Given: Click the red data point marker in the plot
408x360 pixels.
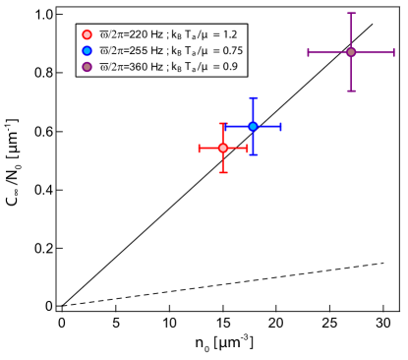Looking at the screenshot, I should [x=223, y=148].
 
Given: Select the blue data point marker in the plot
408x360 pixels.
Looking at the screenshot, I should [x=253, y=126].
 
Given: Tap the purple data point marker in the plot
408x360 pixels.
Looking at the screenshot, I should [x=351, y=52].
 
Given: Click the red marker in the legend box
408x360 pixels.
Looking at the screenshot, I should [x=87, y=34].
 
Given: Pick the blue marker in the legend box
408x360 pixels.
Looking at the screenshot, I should [x=87, y=50].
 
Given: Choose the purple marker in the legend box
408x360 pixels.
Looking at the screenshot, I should [x=87, y=67].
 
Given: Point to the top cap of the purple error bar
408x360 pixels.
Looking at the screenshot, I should [x=351, y=14].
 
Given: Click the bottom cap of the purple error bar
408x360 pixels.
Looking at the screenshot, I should [x=351, y=90].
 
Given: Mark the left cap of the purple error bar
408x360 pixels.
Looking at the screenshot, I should [x=309, y=52].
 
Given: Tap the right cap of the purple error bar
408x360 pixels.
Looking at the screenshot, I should [x=393, y=52].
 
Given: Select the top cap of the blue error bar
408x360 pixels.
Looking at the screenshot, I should [x=253, y=98].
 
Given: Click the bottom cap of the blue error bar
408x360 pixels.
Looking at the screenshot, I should [x=253, y=154].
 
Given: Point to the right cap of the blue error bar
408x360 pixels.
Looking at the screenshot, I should [x=281, y=126].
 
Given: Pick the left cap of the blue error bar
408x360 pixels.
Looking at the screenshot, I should [x=225, y=126].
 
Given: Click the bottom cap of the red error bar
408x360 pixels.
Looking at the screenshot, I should [x=223, y=172].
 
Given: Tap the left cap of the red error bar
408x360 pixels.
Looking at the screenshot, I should [x=200, y=148].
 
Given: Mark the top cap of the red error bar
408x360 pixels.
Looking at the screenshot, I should [x=223, y=124].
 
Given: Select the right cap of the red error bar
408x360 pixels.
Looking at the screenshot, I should [x=247, y=148].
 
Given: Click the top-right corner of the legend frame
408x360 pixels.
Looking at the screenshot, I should [x=248, y=24].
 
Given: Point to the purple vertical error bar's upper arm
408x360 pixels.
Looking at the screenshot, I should [x=351, y=31].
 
